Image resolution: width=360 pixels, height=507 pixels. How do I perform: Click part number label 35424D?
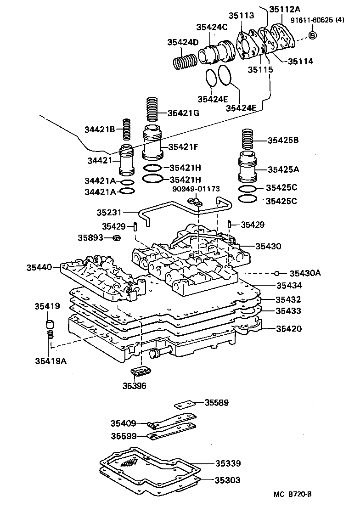183,42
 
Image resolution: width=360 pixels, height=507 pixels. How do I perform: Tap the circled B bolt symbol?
312,35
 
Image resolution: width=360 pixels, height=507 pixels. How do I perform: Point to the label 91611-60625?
311,20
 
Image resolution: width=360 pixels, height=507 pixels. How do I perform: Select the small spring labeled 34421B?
127,129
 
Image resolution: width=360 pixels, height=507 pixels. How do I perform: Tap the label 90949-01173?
196,188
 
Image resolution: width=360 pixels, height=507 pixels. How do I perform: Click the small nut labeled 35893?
117,238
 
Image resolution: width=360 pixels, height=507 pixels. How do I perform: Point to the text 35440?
39,267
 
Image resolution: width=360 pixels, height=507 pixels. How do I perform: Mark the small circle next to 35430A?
276,274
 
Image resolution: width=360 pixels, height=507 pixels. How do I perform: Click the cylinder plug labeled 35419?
50,325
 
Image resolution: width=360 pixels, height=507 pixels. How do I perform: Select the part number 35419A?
51,361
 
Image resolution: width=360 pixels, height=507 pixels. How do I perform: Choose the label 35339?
228,463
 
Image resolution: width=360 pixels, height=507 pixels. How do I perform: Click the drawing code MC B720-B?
292,494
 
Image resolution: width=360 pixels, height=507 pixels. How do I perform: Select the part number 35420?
288,328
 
